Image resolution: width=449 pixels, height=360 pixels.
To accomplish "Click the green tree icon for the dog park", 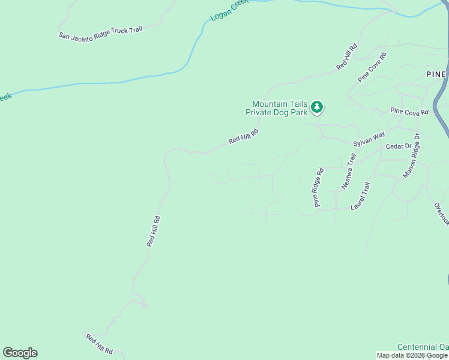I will coord(317,107).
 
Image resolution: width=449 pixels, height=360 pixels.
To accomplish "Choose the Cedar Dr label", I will coord(399,146).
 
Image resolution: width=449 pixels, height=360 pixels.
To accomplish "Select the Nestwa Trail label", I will coord(349,172).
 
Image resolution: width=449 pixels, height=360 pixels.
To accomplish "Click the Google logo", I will coord(20,353).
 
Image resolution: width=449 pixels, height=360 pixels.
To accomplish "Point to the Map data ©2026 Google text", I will coord(412,356).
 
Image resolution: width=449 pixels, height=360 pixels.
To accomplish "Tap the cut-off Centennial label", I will coord(423,347).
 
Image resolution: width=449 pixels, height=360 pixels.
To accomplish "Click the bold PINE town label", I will coord(436,74).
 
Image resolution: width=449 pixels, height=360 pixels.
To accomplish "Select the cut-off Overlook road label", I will coord(442,213).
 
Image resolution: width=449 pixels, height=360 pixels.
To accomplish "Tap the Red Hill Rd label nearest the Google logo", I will coord(99,344).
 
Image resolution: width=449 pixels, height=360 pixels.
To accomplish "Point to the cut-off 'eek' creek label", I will coord(5,96).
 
